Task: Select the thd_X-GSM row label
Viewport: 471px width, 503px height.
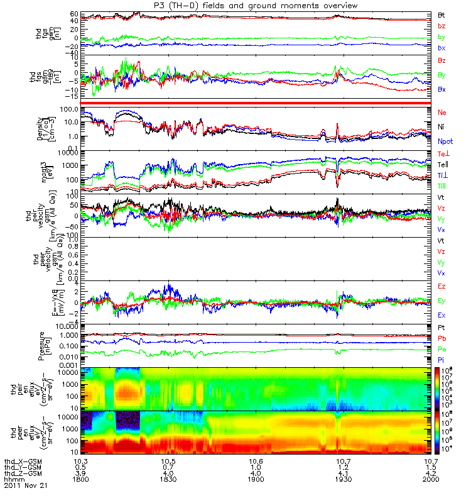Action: [x=21, y=461]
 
